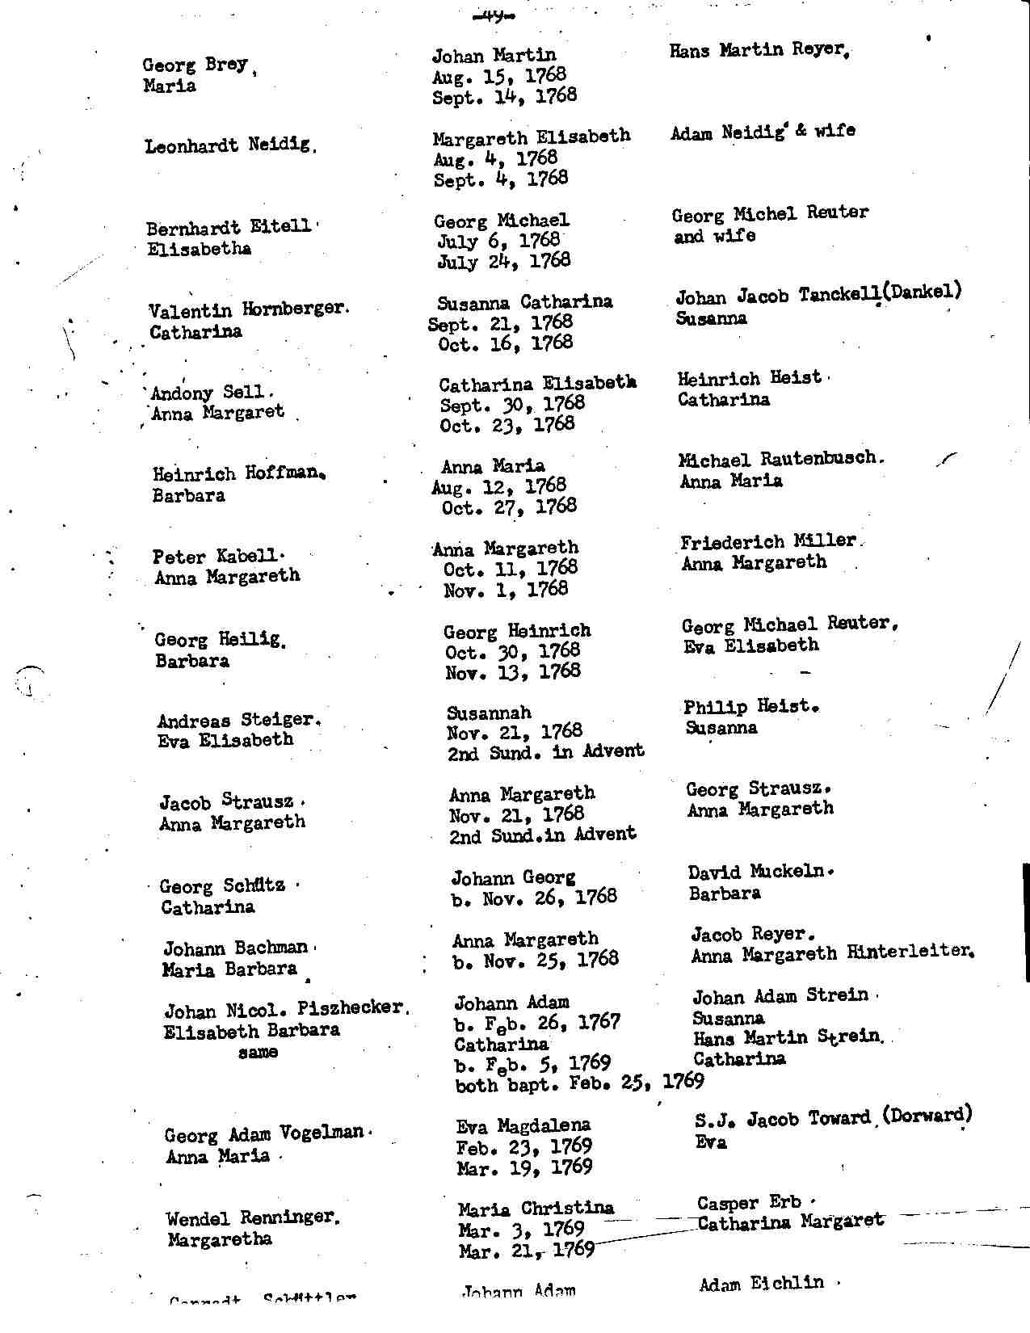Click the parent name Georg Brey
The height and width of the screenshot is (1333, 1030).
pos(195,65)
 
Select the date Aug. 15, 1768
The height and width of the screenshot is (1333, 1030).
pos(498,76)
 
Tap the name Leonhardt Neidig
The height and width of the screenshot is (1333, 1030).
pos(227,146)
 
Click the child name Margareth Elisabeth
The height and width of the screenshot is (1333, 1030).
pos(531,136)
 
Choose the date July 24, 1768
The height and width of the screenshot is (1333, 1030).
pos(503,261)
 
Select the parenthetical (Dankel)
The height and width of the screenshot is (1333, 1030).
pos(922,292)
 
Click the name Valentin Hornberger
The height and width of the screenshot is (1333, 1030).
pos(247,309)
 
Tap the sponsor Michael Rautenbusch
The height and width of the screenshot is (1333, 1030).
pos(778,459)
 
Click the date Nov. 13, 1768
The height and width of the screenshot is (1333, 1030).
pos(512,671)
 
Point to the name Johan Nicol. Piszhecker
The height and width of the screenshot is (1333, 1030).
pos(284,1009)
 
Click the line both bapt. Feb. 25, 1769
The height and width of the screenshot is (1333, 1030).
pos(579,1083)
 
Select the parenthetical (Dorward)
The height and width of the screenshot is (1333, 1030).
pos(927,1116)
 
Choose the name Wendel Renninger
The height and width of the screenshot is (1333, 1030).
pos(251,1217)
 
